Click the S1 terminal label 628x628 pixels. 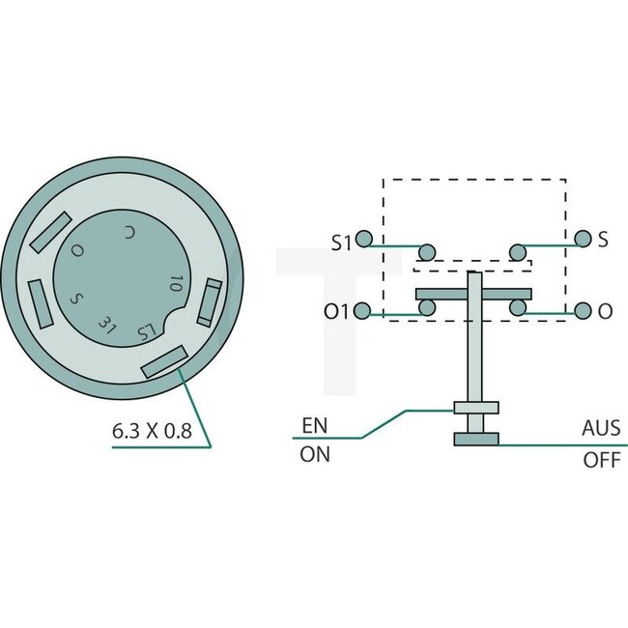coord(340,242)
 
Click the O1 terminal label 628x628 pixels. coord(339,311)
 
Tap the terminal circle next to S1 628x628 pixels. coord(364,239)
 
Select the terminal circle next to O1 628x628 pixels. coord(364,311)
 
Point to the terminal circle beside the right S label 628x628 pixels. coord(582,239)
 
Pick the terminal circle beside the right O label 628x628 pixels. coord(582,311)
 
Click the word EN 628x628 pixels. coord(315,425)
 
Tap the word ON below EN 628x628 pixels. coord(315,454)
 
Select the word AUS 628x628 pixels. coord(601,428)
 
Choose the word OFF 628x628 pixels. coord(601,460)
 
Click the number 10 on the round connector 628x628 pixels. coord(175,283)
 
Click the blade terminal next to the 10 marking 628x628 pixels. coord(211,302)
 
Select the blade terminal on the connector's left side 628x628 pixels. coord(39,302)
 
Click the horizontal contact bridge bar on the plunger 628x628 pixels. coord(472,293)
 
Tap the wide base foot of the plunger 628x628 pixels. coord(476,440)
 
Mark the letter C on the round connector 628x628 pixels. coord(130,233)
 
